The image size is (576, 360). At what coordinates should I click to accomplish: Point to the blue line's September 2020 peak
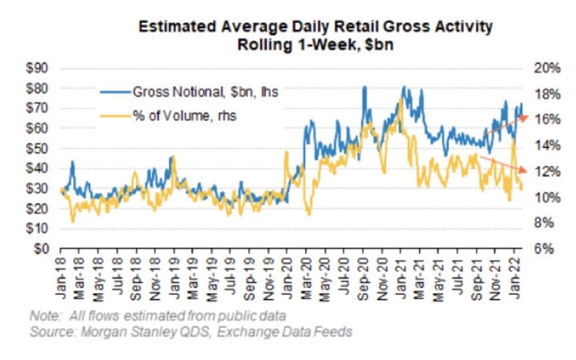364,88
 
